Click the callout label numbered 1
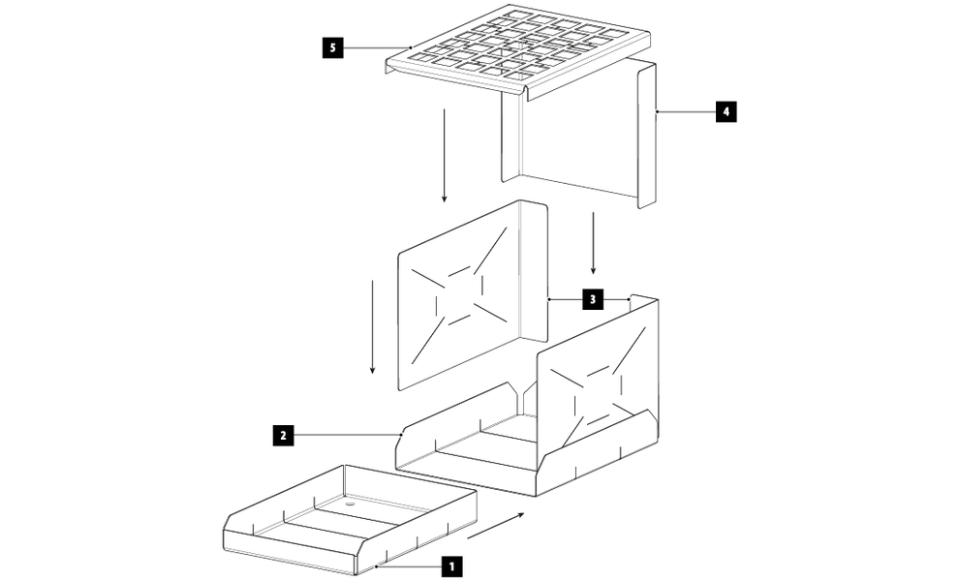tap(451, 566)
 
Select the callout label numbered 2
tap(283, 436)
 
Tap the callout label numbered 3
tap(592, 299)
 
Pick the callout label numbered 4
tap(726, 112)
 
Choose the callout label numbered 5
tap(332, 47)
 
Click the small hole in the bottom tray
tap(350, 505)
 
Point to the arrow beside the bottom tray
tap(496, 526)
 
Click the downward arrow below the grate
tap(444, 155)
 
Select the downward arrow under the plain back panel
tap(593, 243)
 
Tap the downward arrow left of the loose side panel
tap(372, 327)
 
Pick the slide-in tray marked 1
tap(350, 520)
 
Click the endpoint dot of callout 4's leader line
tap(656, 112)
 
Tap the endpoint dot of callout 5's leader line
tap(411, 47)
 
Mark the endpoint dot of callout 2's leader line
tap(401, 435)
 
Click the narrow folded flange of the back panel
tap(647, 135)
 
